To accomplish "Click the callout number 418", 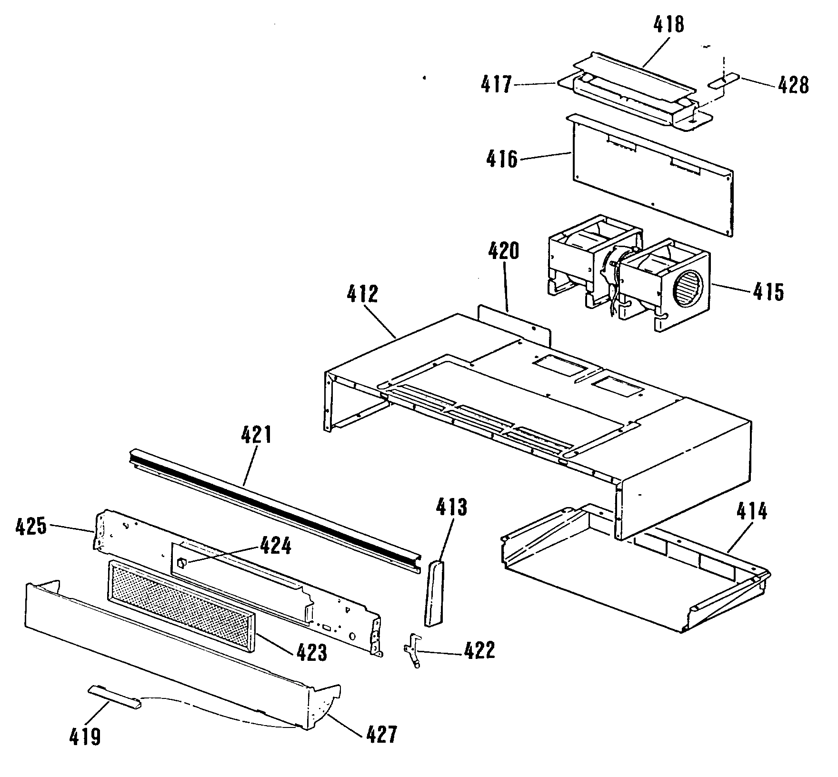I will pos(668,25).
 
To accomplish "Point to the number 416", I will pos(502,159).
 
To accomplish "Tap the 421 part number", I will pos(256,436).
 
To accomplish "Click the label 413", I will pos(451,508).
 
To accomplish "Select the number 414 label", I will pos(752,511).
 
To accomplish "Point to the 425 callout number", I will pos(31,528).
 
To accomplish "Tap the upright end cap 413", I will pos(434,592).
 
